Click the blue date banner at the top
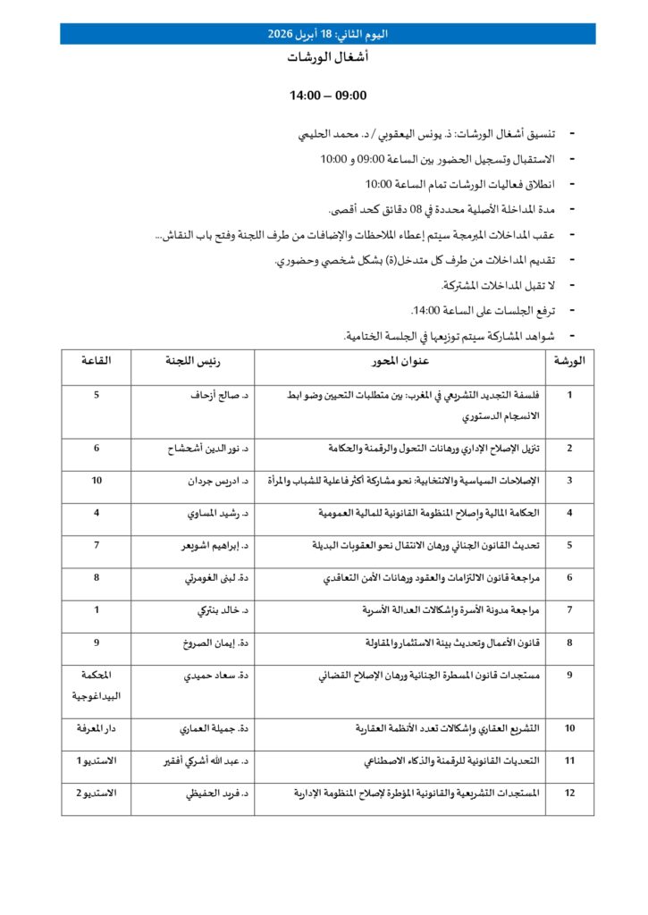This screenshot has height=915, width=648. [327, 34]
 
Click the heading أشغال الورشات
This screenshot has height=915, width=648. [327, 57]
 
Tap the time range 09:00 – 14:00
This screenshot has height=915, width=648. [328, 96]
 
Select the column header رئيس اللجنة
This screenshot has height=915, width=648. [192, 361]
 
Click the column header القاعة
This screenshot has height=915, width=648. [97, 361]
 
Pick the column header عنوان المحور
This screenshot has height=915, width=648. [400, 361]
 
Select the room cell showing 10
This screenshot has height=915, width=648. [97, 481]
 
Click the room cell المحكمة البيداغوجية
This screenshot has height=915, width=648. [97, 684]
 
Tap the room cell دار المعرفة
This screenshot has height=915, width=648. [97, 728]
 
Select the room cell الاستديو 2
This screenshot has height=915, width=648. [97, 793]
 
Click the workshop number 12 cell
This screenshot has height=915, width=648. [569, 793]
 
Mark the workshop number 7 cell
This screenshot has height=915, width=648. [569, 610]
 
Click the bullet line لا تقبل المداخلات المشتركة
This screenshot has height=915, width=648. [499, 285]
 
